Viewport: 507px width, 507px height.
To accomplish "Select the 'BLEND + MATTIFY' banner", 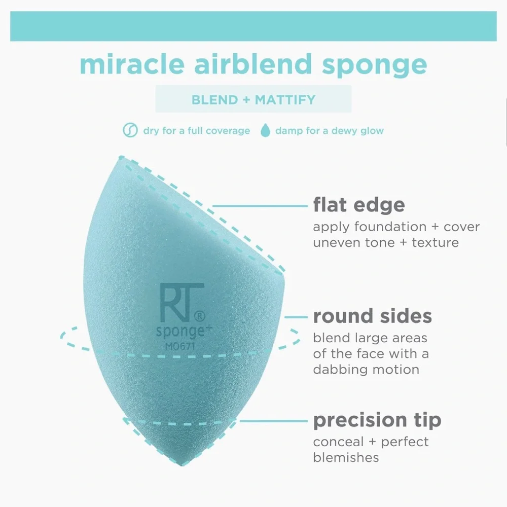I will [253, 99].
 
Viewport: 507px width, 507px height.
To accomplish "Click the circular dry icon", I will [130, 131].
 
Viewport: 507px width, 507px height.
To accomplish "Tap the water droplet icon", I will [265, 131].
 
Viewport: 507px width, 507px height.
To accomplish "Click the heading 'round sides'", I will [373, 316].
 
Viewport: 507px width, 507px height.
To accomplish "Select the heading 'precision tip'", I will [377, 420].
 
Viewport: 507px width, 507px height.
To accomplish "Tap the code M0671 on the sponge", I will [177, 346].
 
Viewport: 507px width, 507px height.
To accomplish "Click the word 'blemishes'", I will [346, 457].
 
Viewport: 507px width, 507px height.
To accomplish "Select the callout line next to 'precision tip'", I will [274, 420].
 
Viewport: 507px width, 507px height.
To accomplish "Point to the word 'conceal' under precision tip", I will [337, 442].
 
